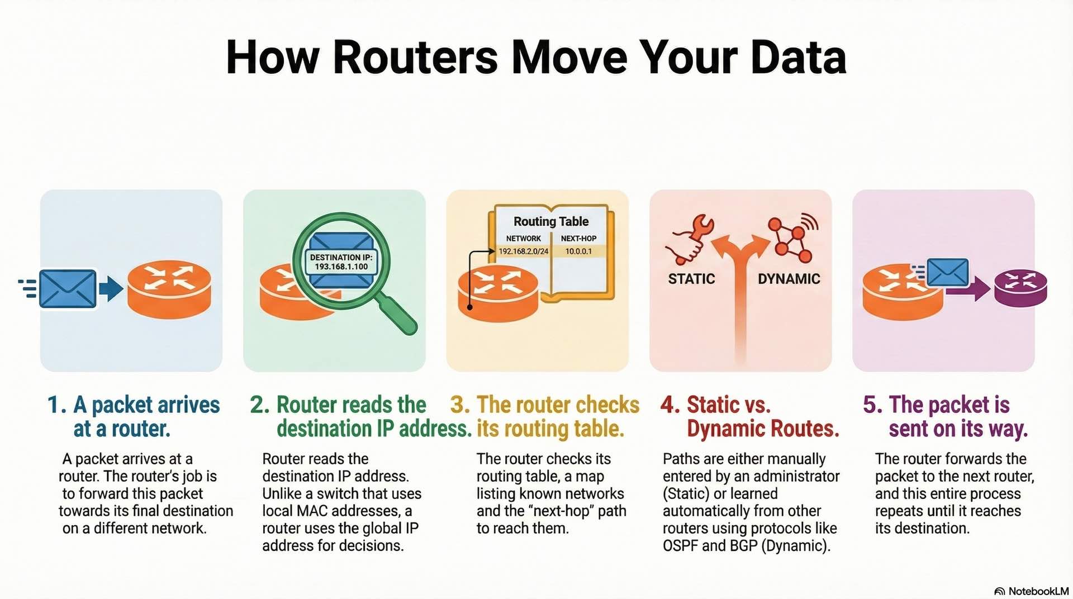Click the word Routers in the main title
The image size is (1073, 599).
click(415, 58)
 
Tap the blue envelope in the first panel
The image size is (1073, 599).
click(68, 288)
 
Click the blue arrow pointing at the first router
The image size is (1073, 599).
click(111, 288)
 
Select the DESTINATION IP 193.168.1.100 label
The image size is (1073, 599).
click(341, 262)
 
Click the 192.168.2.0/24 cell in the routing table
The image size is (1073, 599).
click(523, 251)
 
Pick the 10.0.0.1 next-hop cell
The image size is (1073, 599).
click(578, 251)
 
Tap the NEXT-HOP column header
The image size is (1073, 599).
click(578, 238)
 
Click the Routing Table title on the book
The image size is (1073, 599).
click(551, 222)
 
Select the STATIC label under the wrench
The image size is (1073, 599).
click(691, 279)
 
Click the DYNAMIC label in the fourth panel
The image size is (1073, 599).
click(789, 279)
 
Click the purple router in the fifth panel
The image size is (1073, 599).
click(1020, 288)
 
